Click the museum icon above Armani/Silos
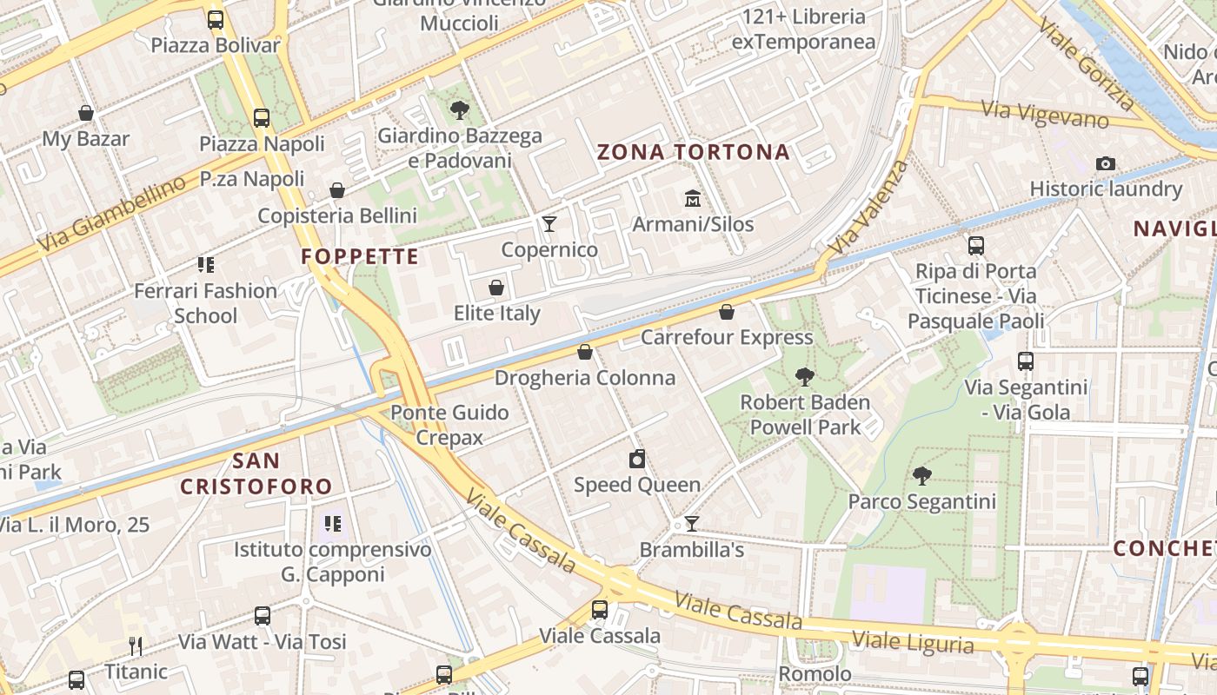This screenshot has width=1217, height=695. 693,199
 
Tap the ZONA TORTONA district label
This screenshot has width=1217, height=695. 694,153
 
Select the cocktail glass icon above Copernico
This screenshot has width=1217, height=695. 549,224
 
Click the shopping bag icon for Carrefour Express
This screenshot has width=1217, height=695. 727,312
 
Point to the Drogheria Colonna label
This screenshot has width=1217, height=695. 585,378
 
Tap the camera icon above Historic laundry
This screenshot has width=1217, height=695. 1106,163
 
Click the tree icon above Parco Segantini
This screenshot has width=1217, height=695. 921,475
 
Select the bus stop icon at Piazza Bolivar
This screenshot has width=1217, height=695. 216,19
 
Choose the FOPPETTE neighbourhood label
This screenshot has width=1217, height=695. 360,257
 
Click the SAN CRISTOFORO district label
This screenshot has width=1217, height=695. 256,473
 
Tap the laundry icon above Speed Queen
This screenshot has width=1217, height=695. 637,459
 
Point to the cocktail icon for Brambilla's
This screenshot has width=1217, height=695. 691,524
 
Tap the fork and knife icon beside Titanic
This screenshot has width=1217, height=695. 136,645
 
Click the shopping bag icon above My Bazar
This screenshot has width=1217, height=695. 86,113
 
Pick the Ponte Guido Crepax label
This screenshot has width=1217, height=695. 449,425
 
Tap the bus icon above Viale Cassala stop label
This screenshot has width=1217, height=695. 600,610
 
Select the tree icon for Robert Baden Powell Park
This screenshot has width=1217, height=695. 805,376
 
